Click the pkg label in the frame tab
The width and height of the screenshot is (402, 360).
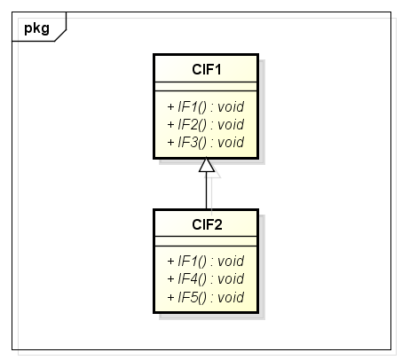pos(36,29)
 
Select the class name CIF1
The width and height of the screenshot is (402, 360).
pos(207,70)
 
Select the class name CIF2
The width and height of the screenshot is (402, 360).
pos(207,224)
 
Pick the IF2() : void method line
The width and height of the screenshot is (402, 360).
pos(206,124)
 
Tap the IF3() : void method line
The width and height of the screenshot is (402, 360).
pos(206,143)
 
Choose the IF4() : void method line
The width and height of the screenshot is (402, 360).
pos(206,279)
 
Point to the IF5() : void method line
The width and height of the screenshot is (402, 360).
pos(206,297)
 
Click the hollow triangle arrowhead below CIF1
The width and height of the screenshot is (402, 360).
pos(207,165)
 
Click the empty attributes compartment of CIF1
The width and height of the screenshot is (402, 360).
pos(206,87)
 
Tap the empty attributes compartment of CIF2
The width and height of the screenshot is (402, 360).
pos(206,241)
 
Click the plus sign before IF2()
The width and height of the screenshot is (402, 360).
pos(170,124)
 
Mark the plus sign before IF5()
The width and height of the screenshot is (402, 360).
pos(170,297)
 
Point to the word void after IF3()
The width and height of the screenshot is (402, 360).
pos(231,143)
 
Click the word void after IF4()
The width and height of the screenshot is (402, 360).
pos(231,279)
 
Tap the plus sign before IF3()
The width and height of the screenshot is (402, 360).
pos(170,143)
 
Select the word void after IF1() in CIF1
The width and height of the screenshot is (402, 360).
pos(231,106)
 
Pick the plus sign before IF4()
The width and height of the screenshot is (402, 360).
pos(170,279)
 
